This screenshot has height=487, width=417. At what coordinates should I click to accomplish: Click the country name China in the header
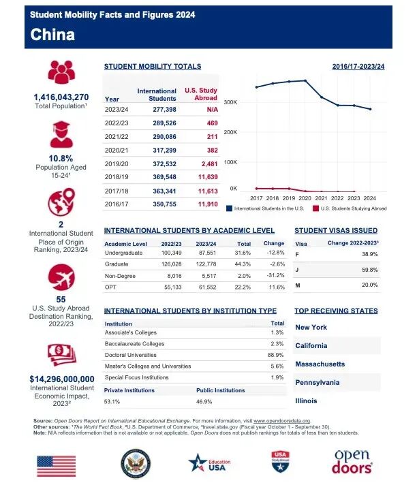(x=52, y=34)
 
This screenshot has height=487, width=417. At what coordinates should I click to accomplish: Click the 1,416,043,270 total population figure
(x=61, y=97)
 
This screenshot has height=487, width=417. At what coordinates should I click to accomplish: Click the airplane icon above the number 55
(x=61, y=277)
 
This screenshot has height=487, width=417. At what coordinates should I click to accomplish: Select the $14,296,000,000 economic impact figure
(x=61, y=379)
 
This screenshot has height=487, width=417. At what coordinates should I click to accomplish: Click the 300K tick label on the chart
(x=230, y=102)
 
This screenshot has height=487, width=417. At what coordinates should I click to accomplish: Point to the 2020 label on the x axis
(x=305, y=198)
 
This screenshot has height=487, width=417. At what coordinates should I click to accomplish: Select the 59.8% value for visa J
(x=388, y=269)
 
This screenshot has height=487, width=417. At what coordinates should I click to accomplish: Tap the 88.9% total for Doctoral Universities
(x=277, y=355)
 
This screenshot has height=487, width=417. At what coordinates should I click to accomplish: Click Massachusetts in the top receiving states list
(x=320, y=364)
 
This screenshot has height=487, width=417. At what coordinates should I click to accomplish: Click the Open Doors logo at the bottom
(x=352, y=462)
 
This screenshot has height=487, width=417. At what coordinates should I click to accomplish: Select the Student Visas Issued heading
(x=336, y=231)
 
